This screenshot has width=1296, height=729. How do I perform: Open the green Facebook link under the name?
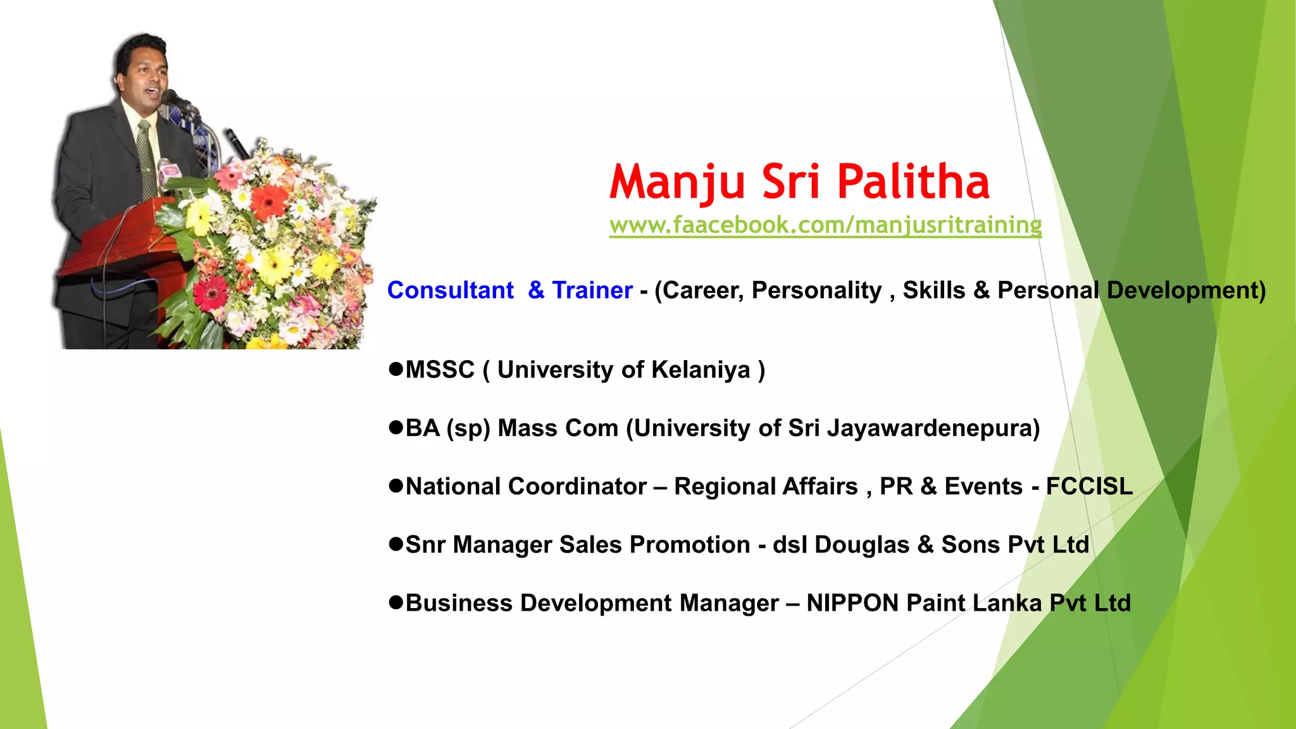click(825, 225)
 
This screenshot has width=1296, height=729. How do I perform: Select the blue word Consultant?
click(450, 290)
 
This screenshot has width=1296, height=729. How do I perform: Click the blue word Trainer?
click(592, 290)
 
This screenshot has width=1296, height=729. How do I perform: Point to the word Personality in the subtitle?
click(816, 290)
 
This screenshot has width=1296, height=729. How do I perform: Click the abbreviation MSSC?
click(440, 370)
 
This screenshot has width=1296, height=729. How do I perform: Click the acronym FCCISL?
click(1089, 487)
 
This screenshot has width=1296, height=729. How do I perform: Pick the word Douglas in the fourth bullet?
click(861, 545)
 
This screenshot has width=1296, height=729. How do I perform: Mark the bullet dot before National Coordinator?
click(396, 486)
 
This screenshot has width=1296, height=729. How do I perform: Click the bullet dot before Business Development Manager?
click(396, 602)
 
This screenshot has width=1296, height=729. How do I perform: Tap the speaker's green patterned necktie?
click(146, 158)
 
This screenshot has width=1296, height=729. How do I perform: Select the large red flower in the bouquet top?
click(270, 202)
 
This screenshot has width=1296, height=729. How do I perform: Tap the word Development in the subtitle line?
click(1186, 290)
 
